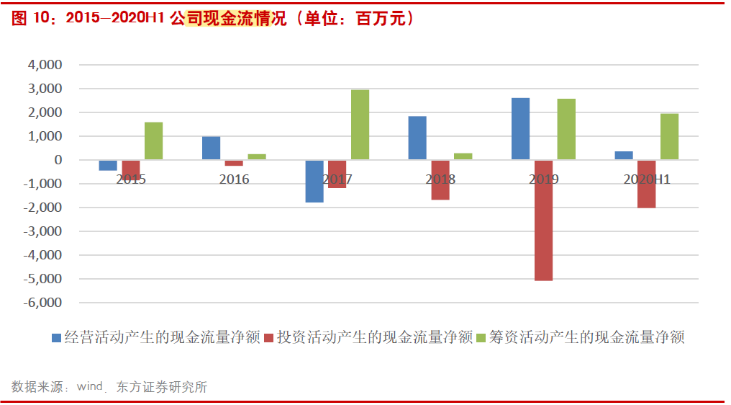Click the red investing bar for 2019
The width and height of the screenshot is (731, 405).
coord(543,220)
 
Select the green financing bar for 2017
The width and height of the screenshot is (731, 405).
coord(360,125)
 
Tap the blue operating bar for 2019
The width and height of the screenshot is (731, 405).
coord(520,129)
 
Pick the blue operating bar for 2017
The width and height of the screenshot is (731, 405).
coord(314,181)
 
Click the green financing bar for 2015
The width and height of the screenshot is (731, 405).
coord(153,141)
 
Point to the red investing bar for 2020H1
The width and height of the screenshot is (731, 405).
coord(646,184)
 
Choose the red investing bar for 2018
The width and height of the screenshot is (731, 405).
coord(440,179)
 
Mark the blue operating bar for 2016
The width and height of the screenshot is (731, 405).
coord(211,148)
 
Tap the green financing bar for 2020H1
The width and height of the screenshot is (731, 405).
coord(669,137)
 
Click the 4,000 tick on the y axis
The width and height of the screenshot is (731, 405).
coord(45,65)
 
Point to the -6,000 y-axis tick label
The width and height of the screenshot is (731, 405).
coord(42,303)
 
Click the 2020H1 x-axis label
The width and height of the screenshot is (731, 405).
coord(646,179)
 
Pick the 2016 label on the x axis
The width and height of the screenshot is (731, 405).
coord(234,179)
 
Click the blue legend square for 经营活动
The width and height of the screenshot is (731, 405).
coord(57,337)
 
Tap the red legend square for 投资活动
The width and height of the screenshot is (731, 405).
coord(269,337)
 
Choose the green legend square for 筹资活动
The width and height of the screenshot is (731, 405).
coord(481,337)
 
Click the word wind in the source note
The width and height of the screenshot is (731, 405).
coord(90,387)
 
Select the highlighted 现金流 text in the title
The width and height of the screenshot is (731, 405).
coord(227,19)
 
